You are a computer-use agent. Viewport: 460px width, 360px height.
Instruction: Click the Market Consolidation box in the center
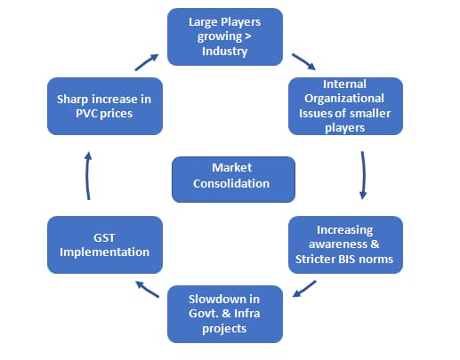pos(233,180)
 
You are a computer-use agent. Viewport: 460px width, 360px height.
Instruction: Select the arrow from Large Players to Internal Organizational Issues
pos(303,61)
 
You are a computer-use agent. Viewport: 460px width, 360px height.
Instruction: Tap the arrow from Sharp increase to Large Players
pos(147,62)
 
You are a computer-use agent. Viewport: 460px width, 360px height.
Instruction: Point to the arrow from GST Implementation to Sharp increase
pos(88,176)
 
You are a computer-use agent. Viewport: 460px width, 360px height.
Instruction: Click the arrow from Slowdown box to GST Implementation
pos(147,289)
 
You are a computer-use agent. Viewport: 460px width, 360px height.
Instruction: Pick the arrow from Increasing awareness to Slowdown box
pos(304,289)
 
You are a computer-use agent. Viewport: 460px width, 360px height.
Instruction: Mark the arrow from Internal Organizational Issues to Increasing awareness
pos(363,175)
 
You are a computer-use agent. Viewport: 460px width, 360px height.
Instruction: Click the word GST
pos(104,237)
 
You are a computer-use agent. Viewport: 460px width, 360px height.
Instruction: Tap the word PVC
pos(87,114)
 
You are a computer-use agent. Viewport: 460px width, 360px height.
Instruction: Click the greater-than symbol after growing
pos(248,36)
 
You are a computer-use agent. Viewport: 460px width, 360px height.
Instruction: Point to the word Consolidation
pos(231,183)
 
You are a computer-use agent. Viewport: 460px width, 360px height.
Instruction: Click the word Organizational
pos(344,99)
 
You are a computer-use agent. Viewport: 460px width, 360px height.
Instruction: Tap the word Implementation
pos(104,252)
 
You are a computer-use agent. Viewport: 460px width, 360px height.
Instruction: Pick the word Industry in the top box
pos(224,52)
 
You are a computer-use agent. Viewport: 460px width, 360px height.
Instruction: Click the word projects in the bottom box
pos(224,329)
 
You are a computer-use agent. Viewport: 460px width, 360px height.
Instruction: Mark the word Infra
pos(247,314)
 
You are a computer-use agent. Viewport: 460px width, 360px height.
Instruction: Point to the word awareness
pos(338,244)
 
